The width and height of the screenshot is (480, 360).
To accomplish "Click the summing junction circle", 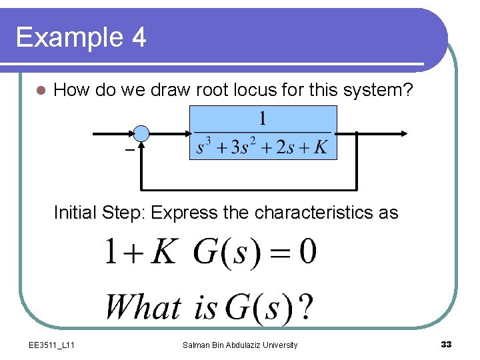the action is point(141,133).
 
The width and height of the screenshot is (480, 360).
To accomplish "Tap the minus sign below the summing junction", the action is point(129,151).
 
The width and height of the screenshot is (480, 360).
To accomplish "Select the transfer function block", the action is point(263,133).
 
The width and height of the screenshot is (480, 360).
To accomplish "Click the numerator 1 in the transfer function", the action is point(263,119).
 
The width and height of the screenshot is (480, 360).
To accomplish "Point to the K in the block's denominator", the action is point(321,147).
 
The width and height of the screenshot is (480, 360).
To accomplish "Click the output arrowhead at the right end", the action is point(403,133).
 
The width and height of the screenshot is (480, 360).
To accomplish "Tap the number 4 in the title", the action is point(138,37).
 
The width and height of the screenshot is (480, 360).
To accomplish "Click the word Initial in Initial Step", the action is point(75,213).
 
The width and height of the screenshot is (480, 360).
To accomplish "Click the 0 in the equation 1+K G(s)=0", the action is point(306,253).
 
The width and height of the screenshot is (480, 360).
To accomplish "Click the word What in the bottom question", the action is point(143,307).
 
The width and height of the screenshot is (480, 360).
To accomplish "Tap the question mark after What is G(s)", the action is point(305,307).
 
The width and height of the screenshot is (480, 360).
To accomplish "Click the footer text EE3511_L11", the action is point(52,345).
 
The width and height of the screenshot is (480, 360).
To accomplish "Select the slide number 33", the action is point(446,344).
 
